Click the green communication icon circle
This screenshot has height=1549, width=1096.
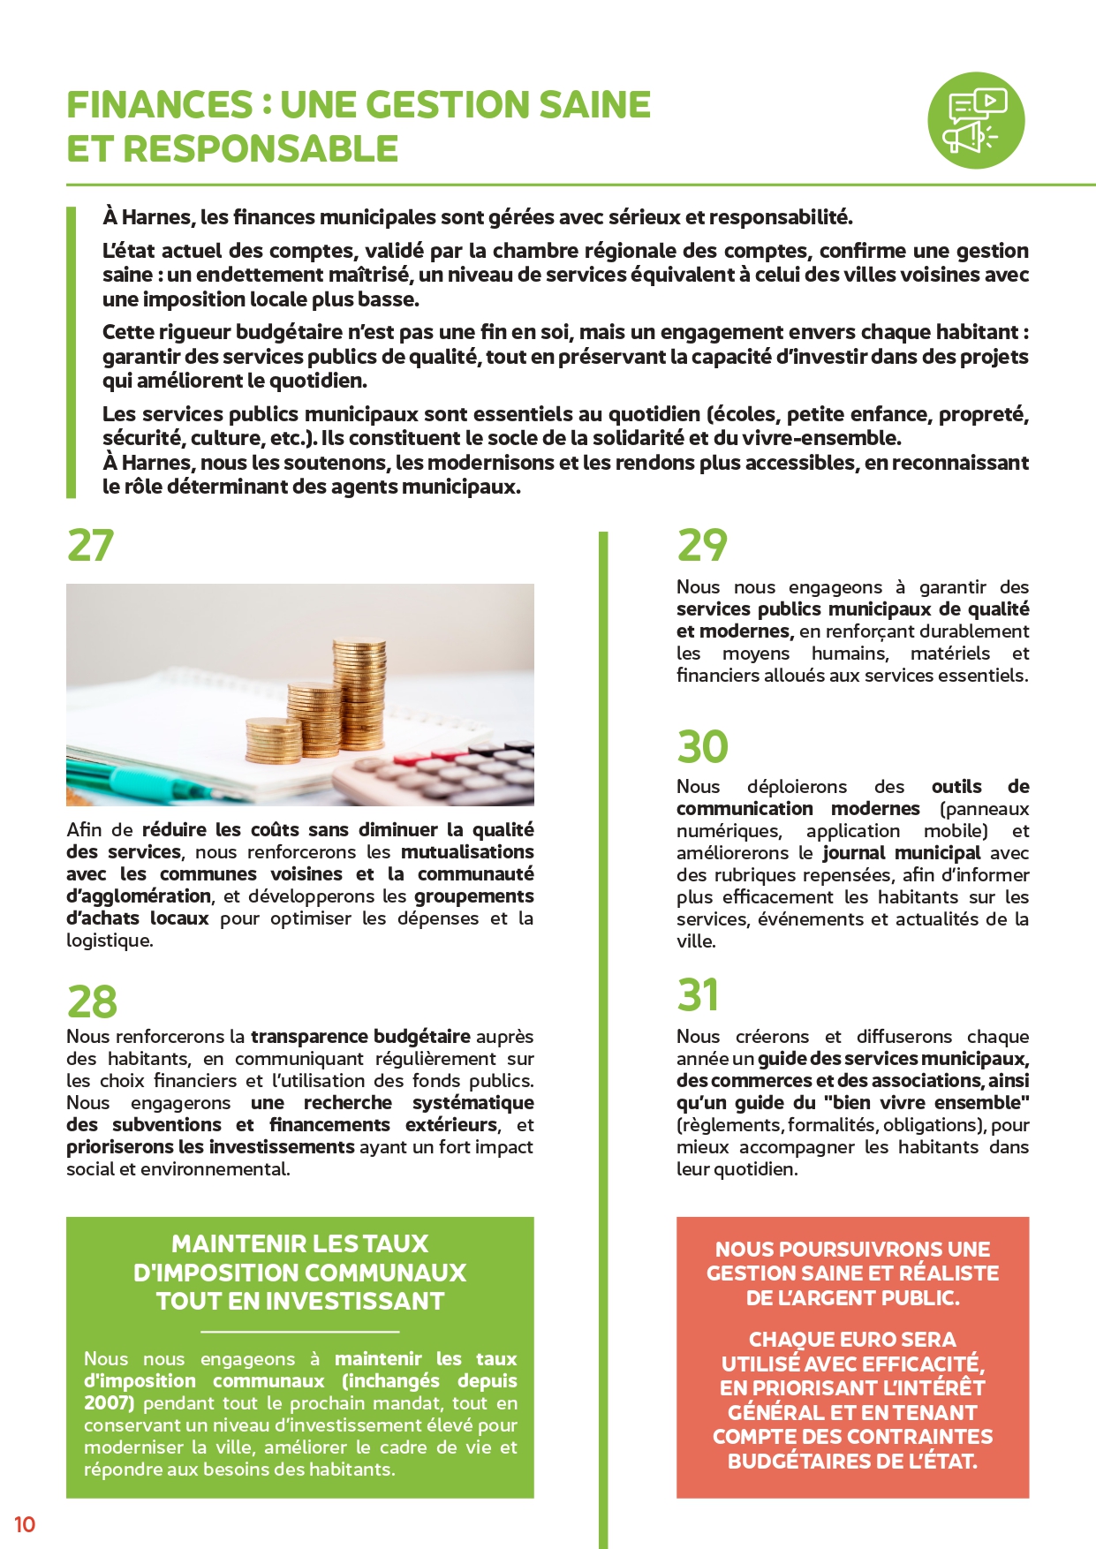point(975,120)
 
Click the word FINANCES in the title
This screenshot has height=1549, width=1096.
point(160,105)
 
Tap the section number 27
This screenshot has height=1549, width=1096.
point(90,545)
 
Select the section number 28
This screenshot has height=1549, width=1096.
point(92,1001)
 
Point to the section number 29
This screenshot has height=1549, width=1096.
point(702,545)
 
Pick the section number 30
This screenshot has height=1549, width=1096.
point(702,747)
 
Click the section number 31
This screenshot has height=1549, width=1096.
point(698,995)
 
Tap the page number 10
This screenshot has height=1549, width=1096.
point(25,1524)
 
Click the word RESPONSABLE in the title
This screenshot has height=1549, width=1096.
point(261,149)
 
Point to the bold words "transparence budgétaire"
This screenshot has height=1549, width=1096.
point(360,1037)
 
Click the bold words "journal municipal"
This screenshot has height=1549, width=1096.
point(901,853)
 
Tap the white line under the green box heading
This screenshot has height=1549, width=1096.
point(300,1331)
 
